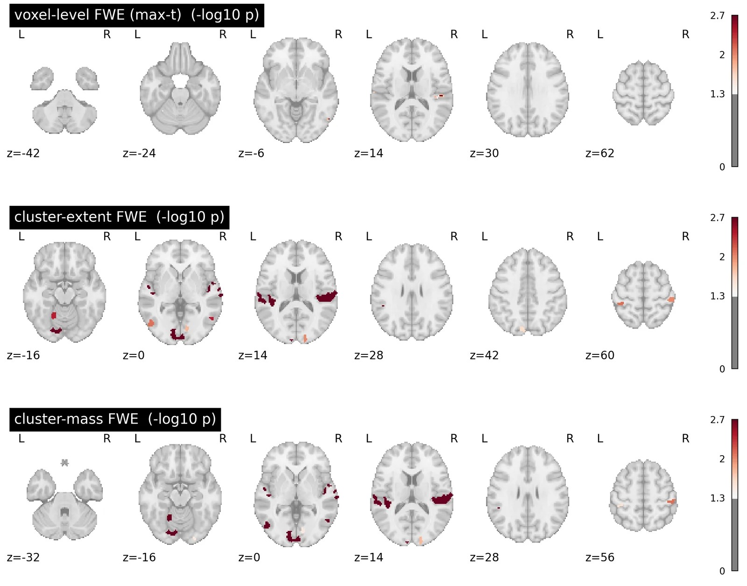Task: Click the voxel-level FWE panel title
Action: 136,15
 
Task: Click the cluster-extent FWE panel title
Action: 119,217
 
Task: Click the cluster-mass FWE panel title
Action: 115,419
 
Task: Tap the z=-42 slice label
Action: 23,153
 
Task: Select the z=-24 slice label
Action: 139,153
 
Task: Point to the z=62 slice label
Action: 600,153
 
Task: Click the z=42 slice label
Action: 484,355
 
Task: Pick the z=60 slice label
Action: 600,355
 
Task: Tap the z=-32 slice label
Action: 23,558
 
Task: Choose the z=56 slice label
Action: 600,558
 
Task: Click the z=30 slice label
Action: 484,153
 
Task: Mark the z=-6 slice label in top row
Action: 251,153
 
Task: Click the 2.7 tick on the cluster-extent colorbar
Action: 717,218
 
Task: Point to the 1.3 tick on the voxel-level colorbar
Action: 717,94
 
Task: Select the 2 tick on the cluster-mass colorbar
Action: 722,459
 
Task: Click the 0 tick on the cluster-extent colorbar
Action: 722,369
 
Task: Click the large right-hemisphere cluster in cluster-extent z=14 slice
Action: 326,297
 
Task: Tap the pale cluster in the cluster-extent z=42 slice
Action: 522,329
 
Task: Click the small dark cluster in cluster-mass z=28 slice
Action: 499,508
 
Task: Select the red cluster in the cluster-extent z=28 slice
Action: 383,305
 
